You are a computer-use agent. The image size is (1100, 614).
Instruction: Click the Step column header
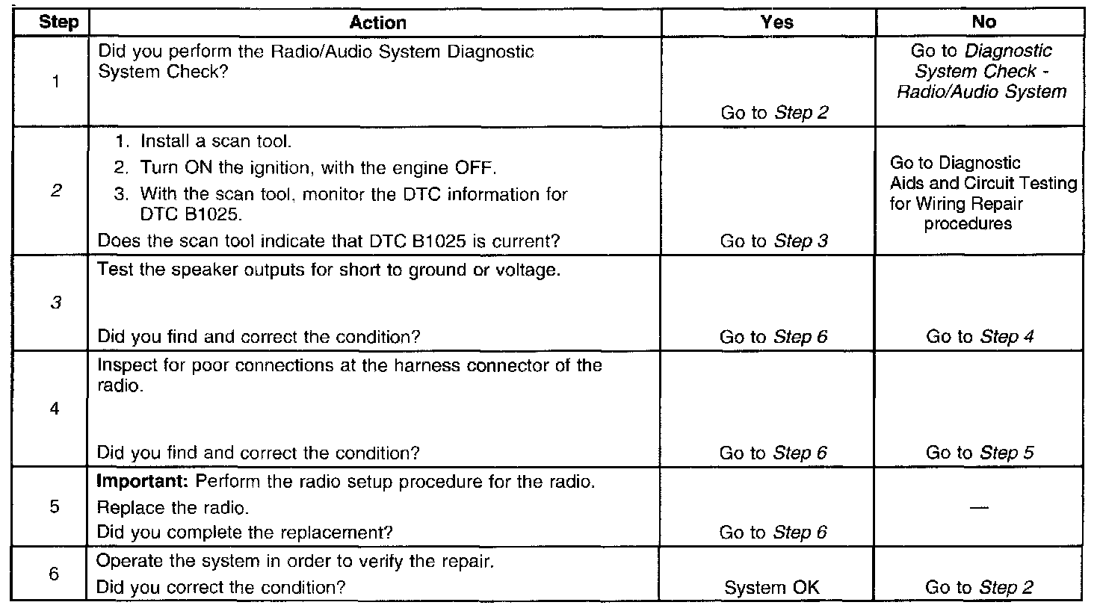coord(58,22)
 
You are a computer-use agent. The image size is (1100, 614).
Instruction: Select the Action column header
coord(378,22)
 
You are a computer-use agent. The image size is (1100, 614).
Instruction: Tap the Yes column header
coord(776,22)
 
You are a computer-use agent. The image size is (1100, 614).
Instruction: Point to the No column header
coord(983,22)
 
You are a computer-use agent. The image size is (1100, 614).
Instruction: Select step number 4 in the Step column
coord(55,409)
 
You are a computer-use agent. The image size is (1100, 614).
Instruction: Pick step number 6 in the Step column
coord(54,574)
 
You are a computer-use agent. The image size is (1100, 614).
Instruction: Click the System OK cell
coord(772,588)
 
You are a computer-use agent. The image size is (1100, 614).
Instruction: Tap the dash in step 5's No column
coord(979,508)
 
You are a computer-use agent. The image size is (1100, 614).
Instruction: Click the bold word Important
coord(144,482)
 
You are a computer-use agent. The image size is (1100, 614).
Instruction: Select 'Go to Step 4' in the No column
coord(980,337)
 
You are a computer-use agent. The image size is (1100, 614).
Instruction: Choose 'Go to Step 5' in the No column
coord(980,453)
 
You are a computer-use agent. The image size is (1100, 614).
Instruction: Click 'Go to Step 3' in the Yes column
coord(773,241)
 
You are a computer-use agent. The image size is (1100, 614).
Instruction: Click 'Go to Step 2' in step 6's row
coord(979,588)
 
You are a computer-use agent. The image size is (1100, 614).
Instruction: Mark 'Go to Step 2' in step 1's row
coord(774,113)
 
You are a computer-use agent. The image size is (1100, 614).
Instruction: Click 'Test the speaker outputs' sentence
coord(329,270)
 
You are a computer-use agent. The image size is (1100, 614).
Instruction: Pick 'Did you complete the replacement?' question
coord(246,533)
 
